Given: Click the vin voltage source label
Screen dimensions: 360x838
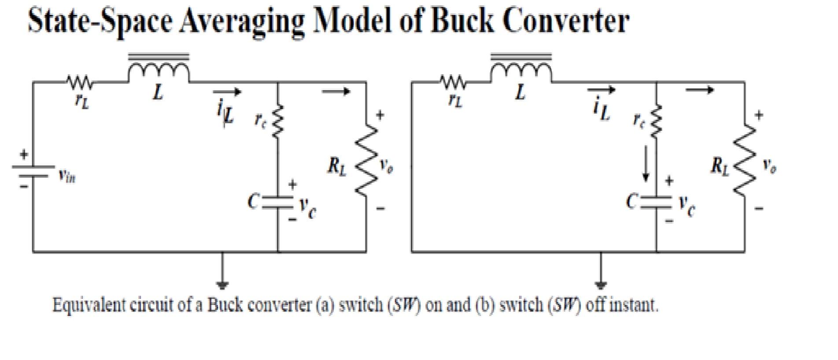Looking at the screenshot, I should point(67,176).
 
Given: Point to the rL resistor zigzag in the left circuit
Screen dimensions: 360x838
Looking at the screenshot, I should point(79,82).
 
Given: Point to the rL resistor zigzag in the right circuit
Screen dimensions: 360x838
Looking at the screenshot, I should point(454,82).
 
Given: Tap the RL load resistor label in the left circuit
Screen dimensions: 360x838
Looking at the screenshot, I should point(337,166).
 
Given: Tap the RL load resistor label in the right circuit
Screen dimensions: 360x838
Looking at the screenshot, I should point(720,166).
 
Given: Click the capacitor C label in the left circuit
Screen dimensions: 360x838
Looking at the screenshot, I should point(253,202).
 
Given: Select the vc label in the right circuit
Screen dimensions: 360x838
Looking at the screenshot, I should point(687,205).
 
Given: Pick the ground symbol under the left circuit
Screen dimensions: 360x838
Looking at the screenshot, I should point(222,284).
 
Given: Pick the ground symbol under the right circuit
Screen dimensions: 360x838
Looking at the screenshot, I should point(601,284).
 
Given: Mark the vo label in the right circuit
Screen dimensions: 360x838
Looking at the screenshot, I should point(769,166).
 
